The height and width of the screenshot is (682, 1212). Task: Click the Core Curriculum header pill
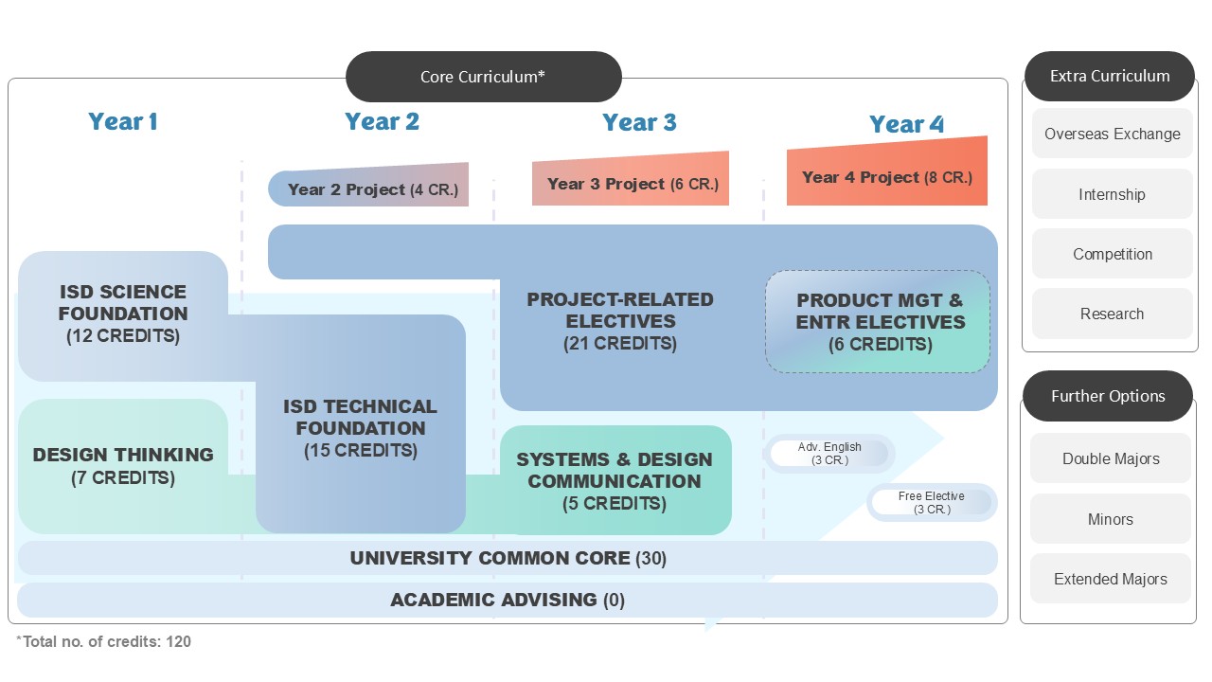[483, 77]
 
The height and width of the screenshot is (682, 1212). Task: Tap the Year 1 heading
[123, 121]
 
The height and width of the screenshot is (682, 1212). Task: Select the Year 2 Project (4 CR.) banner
[369, 188]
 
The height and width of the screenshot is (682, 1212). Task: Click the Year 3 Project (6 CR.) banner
[632, 184]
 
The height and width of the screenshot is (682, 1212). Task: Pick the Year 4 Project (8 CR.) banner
[887, 177]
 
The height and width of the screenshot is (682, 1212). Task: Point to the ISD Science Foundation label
[123, 313]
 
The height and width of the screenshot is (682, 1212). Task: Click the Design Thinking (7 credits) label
[123, 465]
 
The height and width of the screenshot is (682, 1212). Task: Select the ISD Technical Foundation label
[361, 428]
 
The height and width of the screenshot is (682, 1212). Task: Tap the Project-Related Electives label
[620, 321]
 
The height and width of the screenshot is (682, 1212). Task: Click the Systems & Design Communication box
[615, 481]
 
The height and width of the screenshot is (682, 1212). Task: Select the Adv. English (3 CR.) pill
[829, 454]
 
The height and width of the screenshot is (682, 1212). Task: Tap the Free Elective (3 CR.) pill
[932, 503]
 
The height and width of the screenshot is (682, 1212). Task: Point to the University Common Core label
[508, 558]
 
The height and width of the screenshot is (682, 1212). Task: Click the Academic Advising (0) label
[508, 600]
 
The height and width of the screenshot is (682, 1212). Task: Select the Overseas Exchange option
[1112, 134]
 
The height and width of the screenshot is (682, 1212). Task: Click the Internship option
[1112, 194]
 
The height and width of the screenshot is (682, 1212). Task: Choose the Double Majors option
[1111, 458]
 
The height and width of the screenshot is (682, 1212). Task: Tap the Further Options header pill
[1108, 396]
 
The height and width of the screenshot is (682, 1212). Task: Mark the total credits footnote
[104, 641]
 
